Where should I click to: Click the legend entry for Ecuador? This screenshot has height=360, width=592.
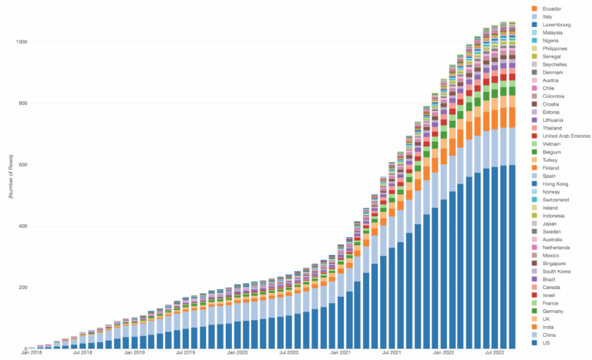[x=550, y=8]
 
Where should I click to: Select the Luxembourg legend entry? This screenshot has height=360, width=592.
[x=556, y=25]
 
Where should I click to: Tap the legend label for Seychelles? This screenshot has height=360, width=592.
[x=556, y=64]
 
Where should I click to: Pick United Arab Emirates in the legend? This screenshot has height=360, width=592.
[x=565, y=136]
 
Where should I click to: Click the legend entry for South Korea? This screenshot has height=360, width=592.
[x=557, y=271]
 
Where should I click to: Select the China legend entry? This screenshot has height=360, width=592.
[x=550, y=335]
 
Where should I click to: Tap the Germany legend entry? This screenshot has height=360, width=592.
[x=553, y=311]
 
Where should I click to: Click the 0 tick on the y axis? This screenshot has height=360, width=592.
[x=30, y=349]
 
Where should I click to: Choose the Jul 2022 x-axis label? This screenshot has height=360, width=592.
[x=494, y=354]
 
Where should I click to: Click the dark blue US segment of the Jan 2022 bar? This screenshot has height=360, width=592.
[x=444, y=278]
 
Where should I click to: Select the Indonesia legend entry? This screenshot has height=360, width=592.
[x=554, y=216]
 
